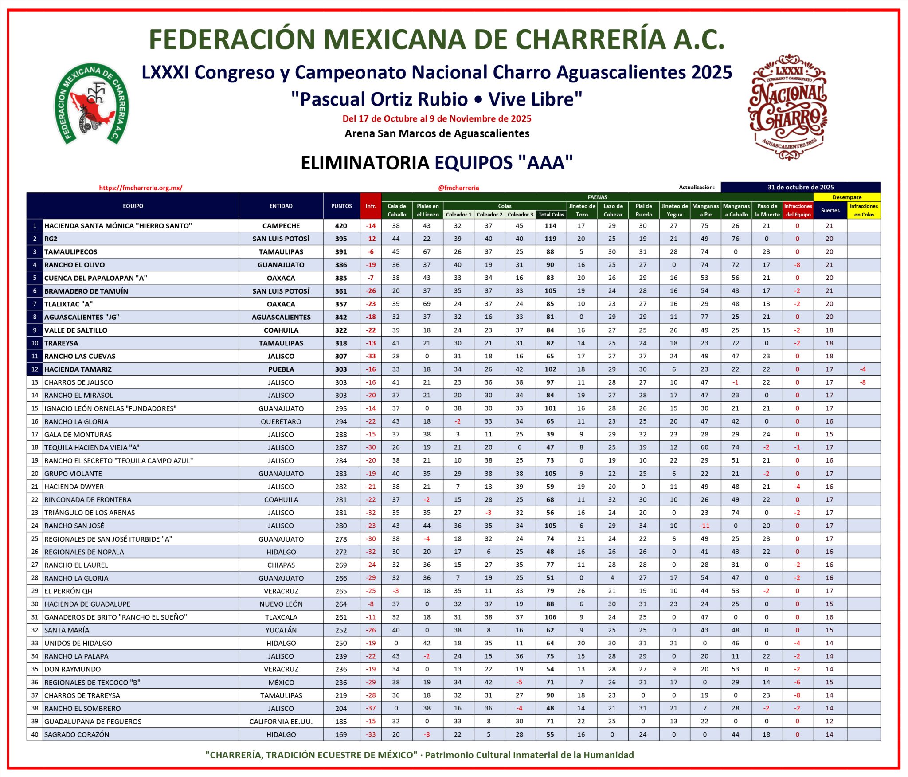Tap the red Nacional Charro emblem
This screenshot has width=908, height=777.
pos(788,107)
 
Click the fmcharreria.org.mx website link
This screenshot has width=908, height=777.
pos(141,188)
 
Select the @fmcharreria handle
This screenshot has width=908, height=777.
pos(458,188)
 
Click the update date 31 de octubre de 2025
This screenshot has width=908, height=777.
pos(800,187)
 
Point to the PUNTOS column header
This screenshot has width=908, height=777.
pos(341,206)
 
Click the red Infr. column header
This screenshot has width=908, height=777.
pos(371,206)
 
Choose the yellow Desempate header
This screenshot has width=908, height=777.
pos(847,197)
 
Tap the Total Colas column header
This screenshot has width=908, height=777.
pos(551,215)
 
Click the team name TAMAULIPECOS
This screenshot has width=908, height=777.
pos(71,252)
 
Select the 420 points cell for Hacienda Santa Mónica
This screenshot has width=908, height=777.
pos(341,226)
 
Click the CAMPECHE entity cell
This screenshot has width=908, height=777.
pos(281,226)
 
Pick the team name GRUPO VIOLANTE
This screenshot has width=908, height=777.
pos(73,474)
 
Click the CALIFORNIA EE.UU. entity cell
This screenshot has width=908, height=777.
pos(281,722)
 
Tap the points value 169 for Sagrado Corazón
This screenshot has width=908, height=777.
pos(341,734)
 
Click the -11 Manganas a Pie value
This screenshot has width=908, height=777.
pos(704,526)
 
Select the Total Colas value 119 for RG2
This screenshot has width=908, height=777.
pos(551,239)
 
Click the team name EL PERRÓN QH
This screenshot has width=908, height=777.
pos(68,591)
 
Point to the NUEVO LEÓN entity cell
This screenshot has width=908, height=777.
pos(281,604)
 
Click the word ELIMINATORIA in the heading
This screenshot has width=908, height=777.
pos(365,163)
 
